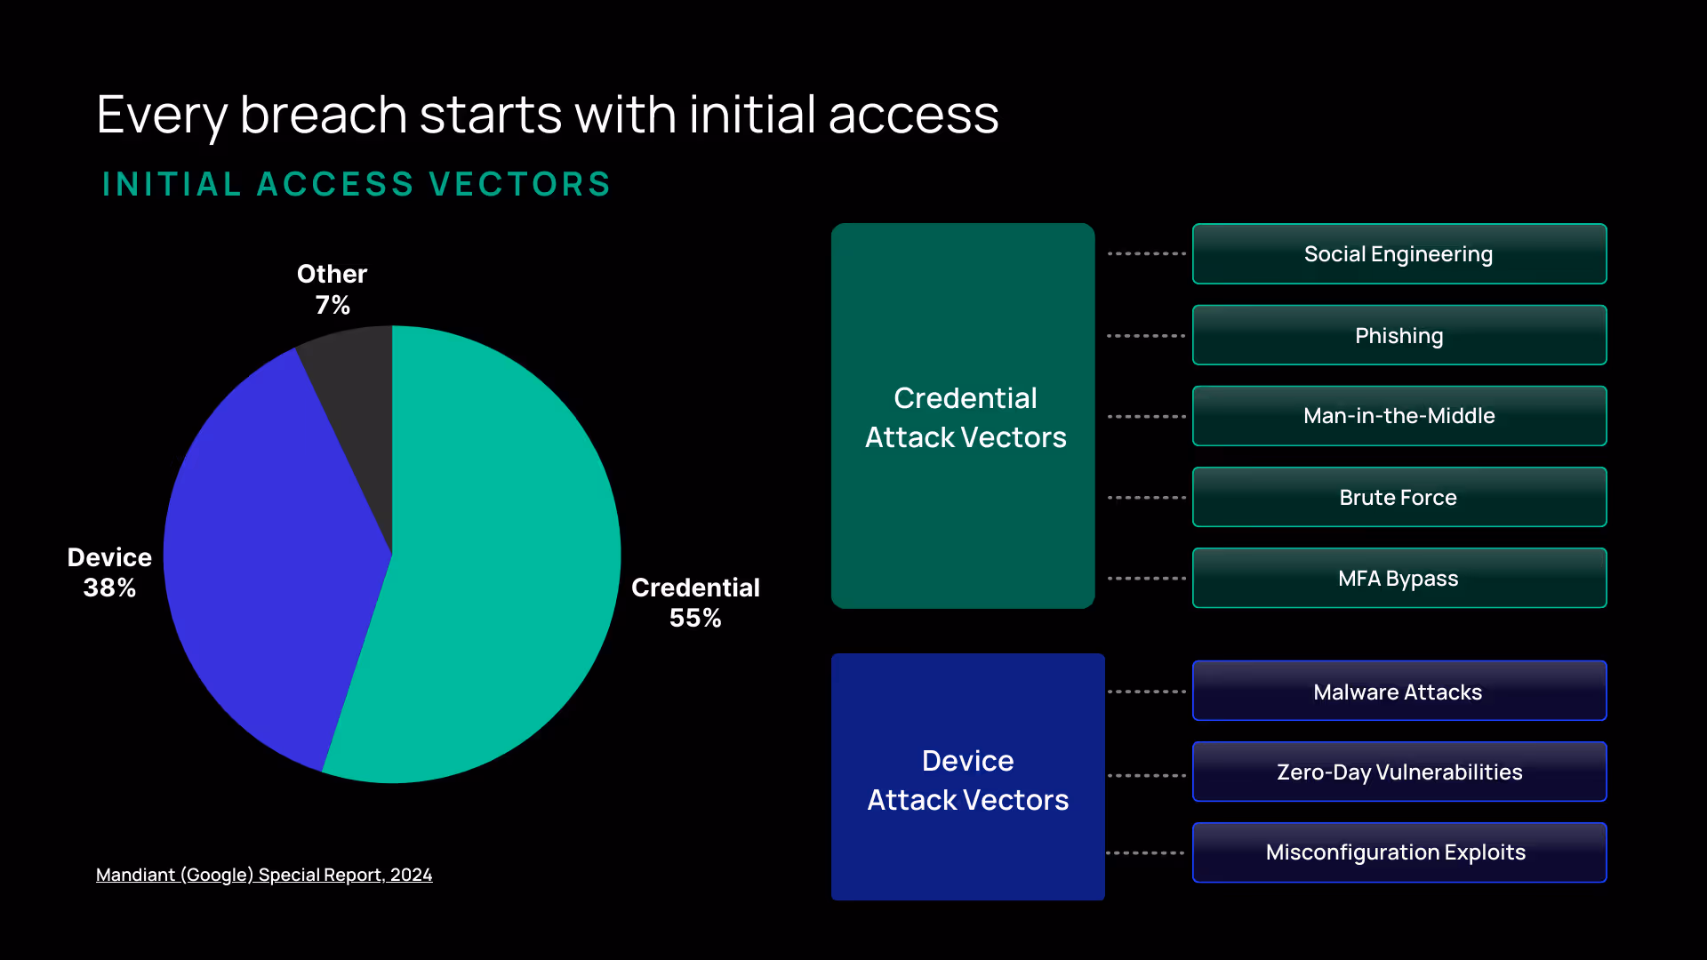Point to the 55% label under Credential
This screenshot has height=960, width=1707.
click(695, 618)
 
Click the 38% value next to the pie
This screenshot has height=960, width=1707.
click(109, 588)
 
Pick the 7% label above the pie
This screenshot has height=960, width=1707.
click(333, 305)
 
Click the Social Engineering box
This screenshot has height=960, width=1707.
click(1398, 254)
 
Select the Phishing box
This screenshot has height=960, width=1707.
click(1398, 335)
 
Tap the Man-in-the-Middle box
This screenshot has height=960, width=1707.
click(1398, 416)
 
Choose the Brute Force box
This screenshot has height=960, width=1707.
click(1398, 497)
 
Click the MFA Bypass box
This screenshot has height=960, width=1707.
click(1398, 579)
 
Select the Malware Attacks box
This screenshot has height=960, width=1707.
click(1398, 692)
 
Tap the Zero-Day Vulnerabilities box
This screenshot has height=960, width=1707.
click(1398, 772)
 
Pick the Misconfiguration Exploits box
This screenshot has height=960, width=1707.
click(1398, 852)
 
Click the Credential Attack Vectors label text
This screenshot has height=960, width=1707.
click(966, 418)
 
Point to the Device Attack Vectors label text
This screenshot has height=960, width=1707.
click(968, 780)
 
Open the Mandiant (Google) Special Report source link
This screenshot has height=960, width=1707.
click(264, 875)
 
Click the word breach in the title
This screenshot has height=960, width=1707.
click(324, 116)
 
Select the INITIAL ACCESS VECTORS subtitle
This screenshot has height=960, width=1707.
click(357, 184)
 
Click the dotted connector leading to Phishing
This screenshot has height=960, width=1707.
click(1146, 336)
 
